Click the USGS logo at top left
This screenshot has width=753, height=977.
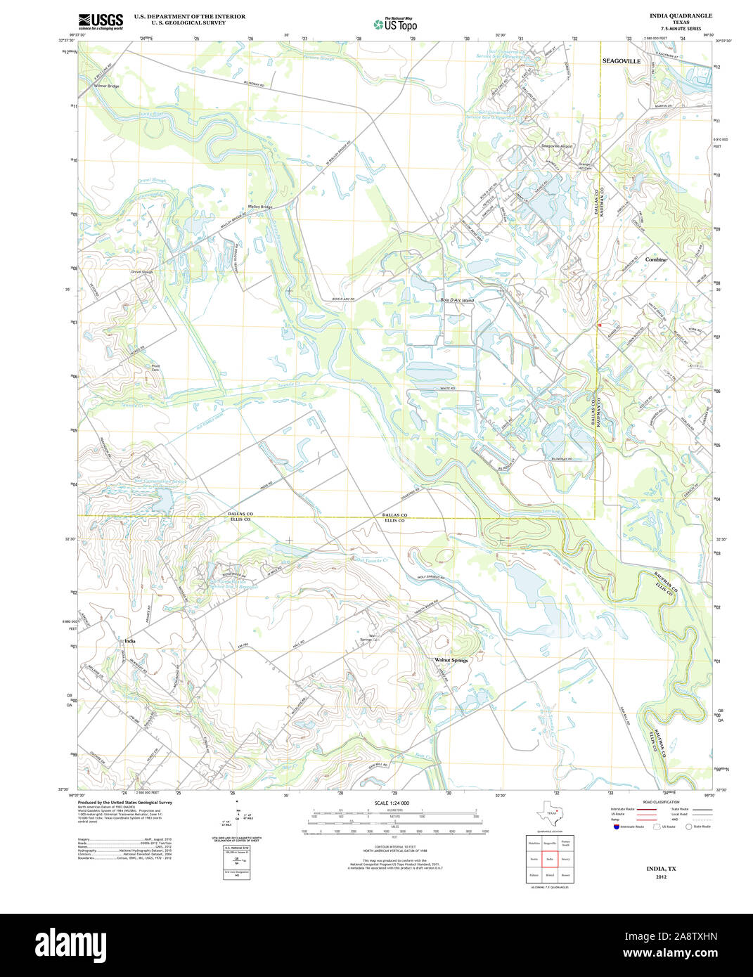(101, 20)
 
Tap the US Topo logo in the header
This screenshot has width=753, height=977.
(395, 24)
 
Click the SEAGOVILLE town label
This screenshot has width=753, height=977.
(622, 62)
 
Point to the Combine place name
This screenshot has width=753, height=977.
(655, 259)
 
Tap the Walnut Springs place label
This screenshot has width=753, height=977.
(451, 660)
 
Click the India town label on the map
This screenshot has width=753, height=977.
(129, 641)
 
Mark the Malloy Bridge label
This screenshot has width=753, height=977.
(260, 207)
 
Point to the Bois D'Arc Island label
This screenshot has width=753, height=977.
(457, 300)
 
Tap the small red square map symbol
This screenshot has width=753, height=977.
(599, 325)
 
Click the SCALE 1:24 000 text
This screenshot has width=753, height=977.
(392, 803)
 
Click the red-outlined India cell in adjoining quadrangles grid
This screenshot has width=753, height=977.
(550, 859)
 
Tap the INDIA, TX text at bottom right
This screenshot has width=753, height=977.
(661, 869)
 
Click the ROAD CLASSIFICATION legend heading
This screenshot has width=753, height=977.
(661, 802)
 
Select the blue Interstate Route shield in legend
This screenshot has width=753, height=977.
(616, 827)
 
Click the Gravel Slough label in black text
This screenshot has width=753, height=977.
(141, 271)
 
